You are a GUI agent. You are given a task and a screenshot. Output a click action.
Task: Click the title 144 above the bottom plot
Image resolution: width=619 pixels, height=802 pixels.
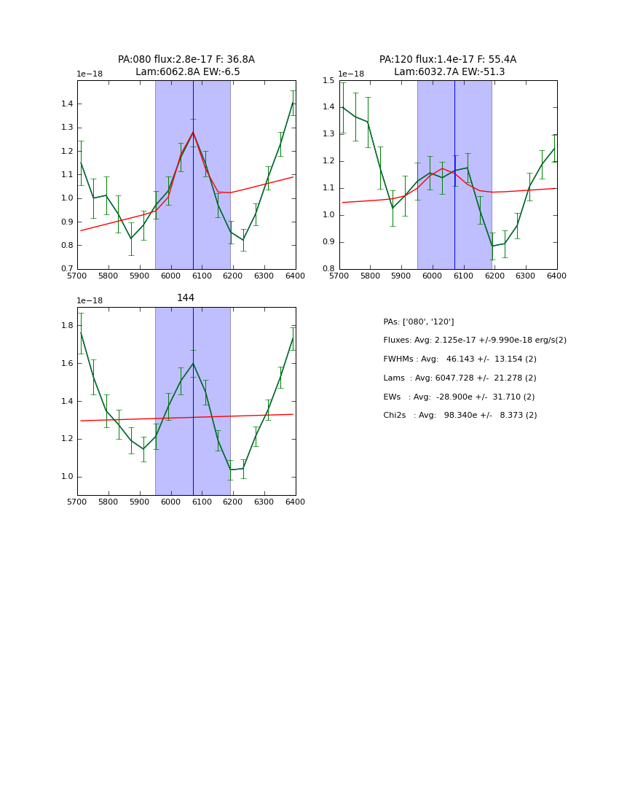click(186, 297)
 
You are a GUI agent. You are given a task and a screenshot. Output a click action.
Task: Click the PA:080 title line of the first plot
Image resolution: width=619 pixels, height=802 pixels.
click(186, 59)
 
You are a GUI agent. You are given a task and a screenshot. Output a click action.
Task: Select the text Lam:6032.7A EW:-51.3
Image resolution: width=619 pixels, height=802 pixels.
click(449, 71)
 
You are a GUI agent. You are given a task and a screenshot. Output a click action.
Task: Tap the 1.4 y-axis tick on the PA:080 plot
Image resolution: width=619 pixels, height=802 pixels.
click(66, 104)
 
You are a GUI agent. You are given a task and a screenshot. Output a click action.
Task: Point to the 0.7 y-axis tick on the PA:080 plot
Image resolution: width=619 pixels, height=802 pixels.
click(66, 269)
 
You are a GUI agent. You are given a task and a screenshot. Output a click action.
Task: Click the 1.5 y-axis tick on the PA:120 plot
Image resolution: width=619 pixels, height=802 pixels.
click(328, 81)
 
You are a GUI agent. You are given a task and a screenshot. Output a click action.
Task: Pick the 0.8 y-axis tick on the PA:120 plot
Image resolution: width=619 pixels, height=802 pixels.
click(328, 269)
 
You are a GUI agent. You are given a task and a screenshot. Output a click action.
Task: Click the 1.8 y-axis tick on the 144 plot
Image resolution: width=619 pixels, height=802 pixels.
click(66, 326)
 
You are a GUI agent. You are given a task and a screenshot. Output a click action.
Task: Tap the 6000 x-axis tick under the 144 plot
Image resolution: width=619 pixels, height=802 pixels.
click(170, 502)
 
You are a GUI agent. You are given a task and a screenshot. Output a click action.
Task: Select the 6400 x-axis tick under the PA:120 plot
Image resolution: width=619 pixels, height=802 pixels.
click(556, 276)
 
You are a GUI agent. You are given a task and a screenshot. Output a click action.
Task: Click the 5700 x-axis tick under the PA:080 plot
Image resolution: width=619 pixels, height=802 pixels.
click(77, 276)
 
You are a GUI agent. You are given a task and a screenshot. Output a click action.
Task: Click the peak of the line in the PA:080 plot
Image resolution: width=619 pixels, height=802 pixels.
click(193, 132)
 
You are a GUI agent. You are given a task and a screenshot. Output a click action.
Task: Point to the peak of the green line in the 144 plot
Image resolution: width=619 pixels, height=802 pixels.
click(193, 363)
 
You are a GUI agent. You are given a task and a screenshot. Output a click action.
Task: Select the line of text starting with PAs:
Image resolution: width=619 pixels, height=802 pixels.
click(418, 322)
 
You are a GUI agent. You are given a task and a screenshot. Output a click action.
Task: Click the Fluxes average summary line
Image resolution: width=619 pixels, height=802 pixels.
click(474, 340)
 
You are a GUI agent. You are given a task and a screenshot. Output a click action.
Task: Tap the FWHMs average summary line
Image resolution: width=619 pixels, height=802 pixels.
click(460, 359)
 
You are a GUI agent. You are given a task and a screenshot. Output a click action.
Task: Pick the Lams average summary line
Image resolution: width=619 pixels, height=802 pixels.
click(460, 378)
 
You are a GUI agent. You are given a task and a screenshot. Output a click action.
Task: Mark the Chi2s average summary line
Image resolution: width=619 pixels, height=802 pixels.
click(460, 415)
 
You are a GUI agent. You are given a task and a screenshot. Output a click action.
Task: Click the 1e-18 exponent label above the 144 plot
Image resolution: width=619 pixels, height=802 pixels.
click(90, 300)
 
